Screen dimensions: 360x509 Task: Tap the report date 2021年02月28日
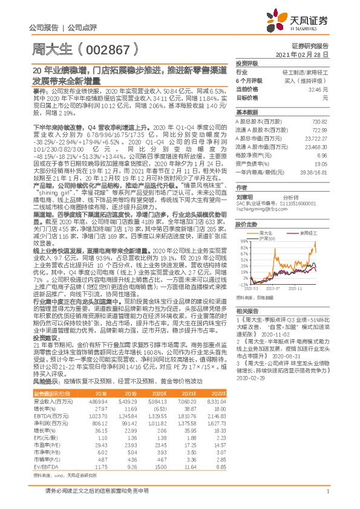click(x=306, y=54)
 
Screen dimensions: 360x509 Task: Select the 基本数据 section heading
click(x=246, y=113)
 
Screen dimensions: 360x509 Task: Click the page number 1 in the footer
click(x=327, y=492)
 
